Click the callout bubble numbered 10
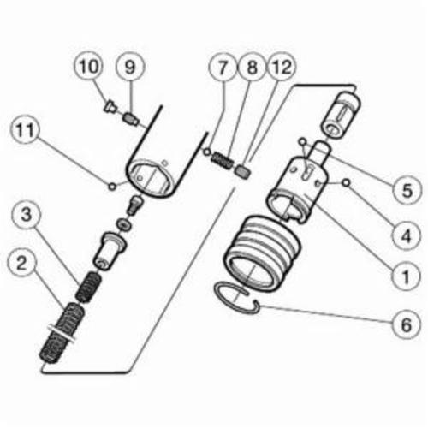coord(88,67)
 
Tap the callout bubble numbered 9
coord(130,67)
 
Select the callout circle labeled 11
coord(26,130)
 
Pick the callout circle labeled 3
coord(26,214)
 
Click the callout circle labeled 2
coord(22,263)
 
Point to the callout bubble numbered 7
coord(223,67)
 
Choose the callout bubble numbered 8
coord(252,67)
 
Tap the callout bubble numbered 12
coord(282,67)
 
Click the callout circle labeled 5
coord(407,190)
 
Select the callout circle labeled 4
coord(407,235)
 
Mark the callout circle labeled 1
coord(407,276)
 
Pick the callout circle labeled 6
coord(407,324)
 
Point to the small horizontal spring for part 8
coord(223,162)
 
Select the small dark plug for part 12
coord(243,173)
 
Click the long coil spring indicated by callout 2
coord(62,334)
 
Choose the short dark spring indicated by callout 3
coord(88,288)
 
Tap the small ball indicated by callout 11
coord(112,187)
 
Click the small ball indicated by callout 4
coord(347,183)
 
